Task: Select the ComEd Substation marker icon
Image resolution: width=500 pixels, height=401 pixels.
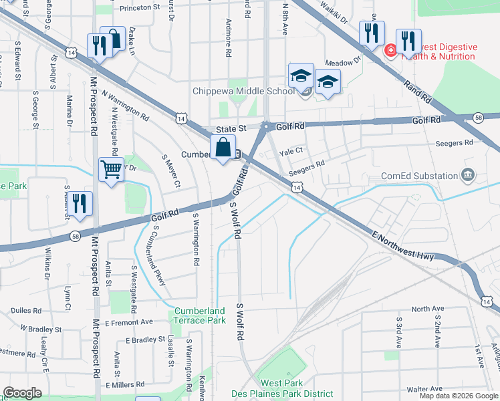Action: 468,176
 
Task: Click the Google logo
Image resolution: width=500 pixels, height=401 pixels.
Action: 22,393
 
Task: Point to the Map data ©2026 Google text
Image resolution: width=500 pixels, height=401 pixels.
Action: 458,396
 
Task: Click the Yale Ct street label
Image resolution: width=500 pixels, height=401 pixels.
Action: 291,151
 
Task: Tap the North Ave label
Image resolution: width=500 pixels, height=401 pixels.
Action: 428,309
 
